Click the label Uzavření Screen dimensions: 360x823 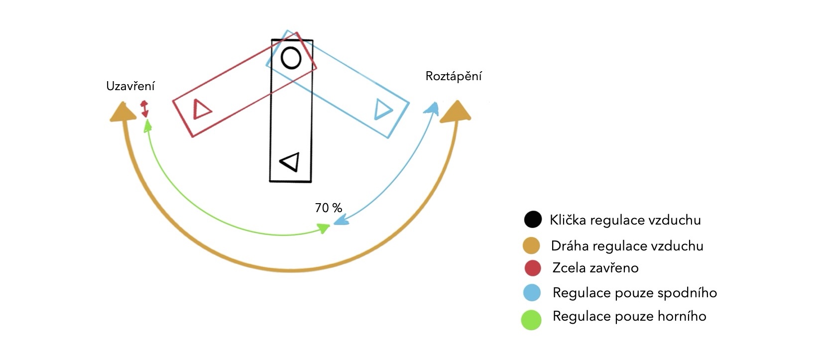coord(130,86)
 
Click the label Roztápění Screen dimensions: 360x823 coord(454,76)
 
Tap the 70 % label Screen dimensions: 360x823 coord(329,208)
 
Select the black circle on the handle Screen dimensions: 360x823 coord(291,58)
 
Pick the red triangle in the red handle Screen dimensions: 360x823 coord(202,109)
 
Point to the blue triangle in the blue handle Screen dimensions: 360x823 coord(383,109)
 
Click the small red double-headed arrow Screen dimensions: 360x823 coord(144,109)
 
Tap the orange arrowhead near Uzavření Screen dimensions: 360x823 coord(122,112)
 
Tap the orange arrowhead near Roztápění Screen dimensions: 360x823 coord(456,111)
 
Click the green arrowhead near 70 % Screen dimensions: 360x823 coord(324,229)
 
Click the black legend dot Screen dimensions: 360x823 coord(532,220)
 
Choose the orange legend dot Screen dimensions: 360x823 coord(532,245)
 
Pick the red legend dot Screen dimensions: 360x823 coord(532,268)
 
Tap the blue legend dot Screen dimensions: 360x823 coord(532,293)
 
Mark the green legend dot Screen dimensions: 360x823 coord(531,320)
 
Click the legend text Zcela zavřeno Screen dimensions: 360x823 coord(595,268)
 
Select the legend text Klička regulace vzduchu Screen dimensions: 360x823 coord(625,220)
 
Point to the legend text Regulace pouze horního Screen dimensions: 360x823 coord(629,316)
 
